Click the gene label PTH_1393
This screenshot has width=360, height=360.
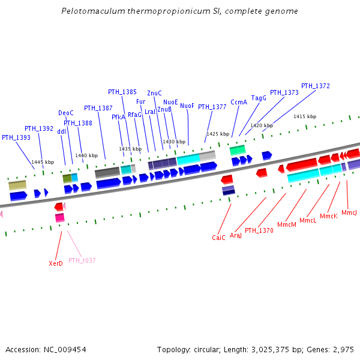click(x=16, y=137)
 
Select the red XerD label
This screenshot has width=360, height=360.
click(x=56, y=263)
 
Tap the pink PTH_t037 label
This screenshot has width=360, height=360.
click(x=82, y=260)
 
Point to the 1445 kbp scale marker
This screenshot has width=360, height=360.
click(x=43, y=162)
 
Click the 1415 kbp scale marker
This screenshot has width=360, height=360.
click(x=305, y=116)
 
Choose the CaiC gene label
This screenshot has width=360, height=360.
click(x=218, y=238)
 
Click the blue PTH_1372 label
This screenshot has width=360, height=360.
click(x=315, y=86)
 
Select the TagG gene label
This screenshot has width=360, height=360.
click(x=259, y=98)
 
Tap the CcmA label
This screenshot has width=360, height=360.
click(x=239, y=102)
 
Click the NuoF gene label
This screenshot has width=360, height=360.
click(x=187, y=106)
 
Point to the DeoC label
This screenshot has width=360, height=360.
click(x=66, y=113)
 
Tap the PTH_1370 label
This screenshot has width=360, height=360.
click(x=259, y=230)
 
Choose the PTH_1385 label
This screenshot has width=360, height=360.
click(x=122, y=92)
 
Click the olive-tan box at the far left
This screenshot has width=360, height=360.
click(x=17, y=185)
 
